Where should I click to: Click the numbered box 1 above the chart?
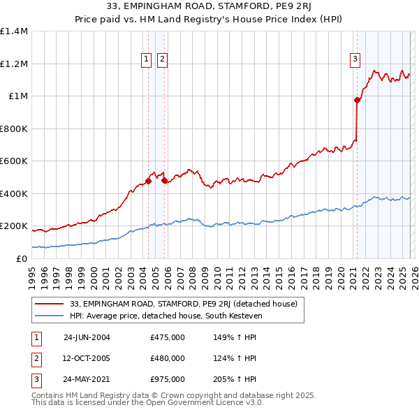click(147, 60)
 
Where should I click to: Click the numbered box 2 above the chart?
click(161, 60)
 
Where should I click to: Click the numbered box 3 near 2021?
click(355, 60)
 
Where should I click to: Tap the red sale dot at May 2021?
click(357, 101)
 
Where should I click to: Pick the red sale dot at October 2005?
click(165, 181)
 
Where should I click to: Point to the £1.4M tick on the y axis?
click(14, 31)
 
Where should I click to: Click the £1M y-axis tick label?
click(17, 96)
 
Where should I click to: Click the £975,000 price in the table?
click(168, 379)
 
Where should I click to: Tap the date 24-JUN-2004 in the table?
click(87, 337)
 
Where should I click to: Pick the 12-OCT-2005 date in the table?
click(87, 358)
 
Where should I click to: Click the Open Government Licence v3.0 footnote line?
click(147, 403)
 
